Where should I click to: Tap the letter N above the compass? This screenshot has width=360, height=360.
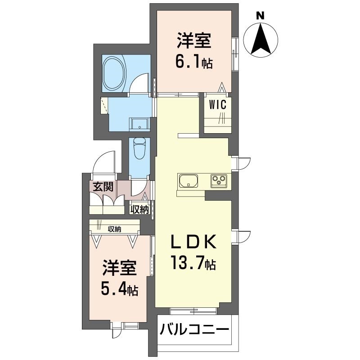pos(260,14)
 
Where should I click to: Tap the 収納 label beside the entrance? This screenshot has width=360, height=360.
pos(140,209)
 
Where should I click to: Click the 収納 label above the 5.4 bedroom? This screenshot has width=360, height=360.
pos(114,229)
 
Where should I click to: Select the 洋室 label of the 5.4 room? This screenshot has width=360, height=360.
pos(119,269)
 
